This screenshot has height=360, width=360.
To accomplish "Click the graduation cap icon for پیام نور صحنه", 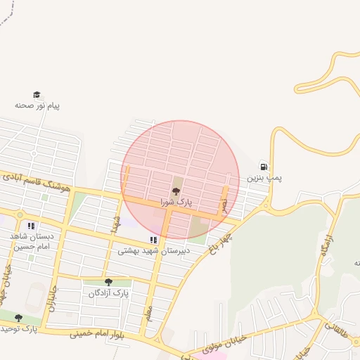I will point(37,95).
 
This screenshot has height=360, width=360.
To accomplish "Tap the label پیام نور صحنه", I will point(37,105).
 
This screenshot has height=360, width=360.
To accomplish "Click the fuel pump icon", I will point(264,167).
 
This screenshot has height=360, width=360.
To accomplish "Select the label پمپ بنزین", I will point(264,178).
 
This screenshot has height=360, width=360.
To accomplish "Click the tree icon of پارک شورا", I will point(176,191).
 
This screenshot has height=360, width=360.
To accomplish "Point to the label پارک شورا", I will point(176,202).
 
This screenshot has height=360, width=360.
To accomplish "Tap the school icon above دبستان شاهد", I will point(30,226).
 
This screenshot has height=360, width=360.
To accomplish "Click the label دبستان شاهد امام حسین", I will point(27,240).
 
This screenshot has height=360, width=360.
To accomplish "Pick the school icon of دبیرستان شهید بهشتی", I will point(153,240).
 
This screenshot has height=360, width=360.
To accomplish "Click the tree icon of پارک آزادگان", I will point(108,283).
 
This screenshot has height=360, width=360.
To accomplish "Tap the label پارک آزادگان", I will point(109,292).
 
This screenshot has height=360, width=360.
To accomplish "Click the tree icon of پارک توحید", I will point(18,318).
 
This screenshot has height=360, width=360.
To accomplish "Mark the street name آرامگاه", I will point(328,248).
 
